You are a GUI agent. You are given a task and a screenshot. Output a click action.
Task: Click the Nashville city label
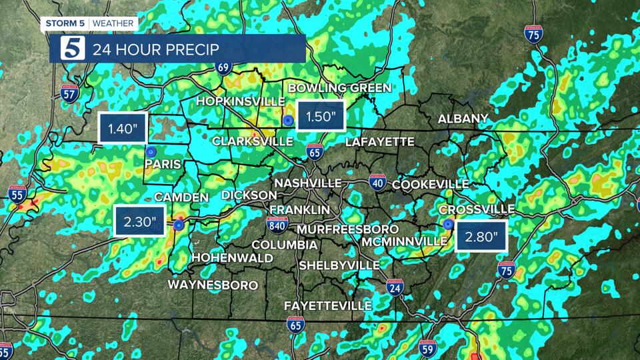click(x=308, y=183)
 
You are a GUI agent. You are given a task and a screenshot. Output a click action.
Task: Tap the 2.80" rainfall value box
click(x=481, y=235)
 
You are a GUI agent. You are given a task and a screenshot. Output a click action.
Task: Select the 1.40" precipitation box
click(x=122, y=129)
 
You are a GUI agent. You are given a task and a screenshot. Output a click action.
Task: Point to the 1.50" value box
click(x=321, y=118)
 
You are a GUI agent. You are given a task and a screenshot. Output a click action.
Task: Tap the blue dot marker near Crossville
click(x=448, y=224)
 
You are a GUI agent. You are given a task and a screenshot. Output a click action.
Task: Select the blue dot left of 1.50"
click(x=287, y=121)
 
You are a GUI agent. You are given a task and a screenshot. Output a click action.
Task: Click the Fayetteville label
click(x=327, y=305)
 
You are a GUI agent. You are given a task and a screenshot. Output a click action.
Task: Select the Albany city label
click(x=463, y=119)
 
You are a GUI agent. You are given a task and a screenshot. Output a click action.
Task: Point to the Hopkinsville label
click(x=237, y=101)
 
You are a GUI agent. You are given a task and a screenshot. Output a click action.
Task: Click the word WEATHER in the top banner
click(x=113, y=24)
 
